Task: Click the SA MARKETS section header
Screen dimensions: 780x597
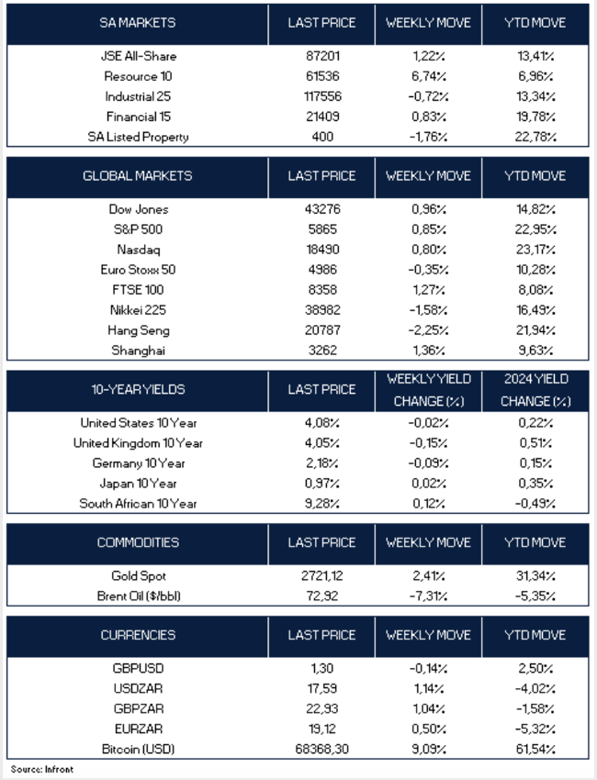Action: point(137,22)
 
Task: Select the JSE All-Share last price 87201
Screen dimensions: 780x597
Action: point(321,56)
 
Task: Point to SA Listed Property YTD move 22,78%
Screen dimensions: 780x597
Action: point(536,137)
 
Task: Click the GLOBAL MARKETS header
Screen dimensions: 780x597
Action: point(137,175)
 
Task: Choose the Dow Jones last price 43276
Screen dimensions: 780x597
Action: point(321,209)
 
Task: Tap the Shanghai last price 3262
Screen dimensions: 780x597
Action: point(321,350)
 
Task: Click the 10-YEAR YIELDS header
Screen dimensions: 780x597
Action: point(137,389)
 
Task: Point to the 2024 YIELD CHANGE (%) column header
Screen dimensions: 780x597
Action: point(536,390)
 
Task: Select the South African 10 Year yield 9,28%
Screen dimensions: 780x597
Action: point(321,503)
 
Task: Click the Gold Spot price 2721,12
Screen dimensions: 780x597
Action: point(321,575)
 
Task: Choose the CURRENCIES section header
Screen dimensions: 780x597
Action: point(137,635)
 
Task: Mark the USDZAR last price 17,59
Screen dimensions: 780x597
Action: point(321,689)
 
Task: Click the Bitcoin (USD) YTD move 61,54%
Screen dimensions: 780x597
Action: point(536,750)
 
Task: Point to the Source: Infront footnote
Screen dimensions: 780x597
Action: point(42,769)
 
